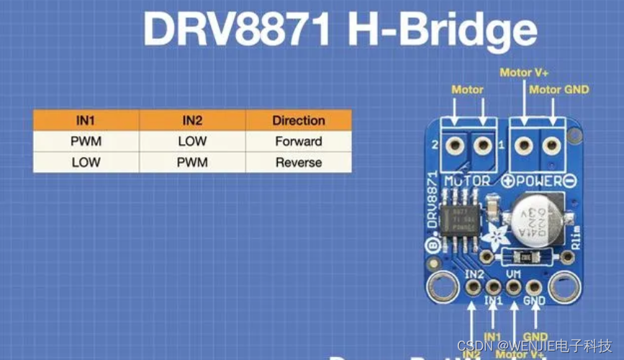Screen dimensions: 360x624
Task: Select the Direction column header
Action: pyautogui.click(x=298, y=120)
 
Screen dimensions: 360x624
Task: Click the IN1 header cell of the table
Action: pyautogui.click(x=86, y=120)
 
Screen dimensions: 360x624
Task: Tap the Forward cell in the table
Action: pyautogui.click(x=298, y=141)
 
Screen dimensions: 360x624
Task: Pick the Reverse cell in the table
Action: pyautogui.click(x=298, y=163)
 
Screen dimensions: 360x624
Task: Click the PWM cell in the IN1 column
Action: pyautogui.click(x=86, y=141)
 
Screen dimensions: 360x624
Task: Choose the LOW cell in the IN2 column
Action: pyautogui.click(x=191, y=141)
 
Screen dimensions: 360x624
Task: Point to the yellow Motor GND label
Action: pyautogui.click(x=559, y=89)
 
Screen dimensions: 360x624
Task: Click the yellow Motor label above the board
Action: pyautogui.click(x=467, y=90)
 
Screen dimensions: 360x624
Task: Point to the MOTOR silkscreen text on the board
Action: pyautogui.click(x=467, y=181)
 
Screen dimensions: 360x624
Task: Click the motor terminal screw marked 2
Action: pyautogui.click(x=454, y=146)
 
